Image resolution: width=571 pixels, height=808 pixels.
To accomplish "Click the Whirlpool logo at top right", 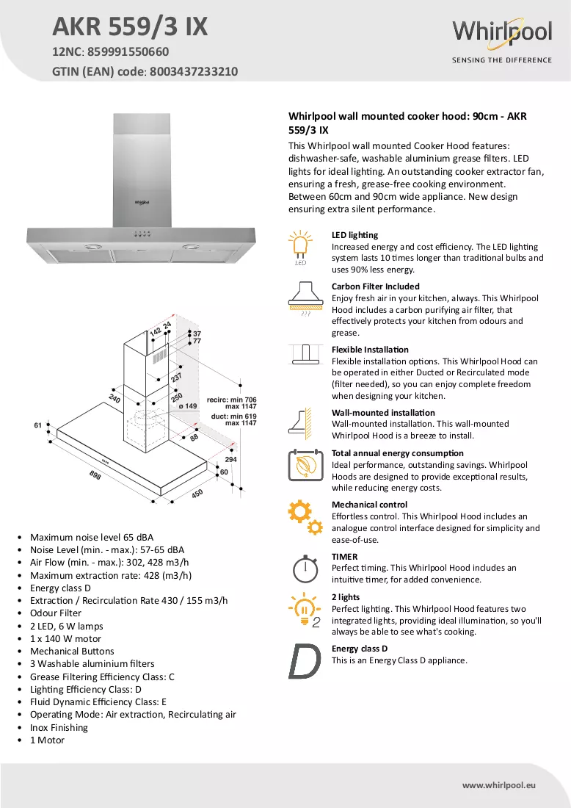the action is pyautogui.click(x=502, y=40).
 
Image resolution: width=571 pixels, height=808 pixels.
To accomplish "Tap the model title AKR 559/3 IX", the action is pyautogui.click(x=130, y=26).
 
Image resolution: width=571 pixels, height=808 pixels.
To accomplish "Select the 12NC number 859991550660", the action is pyautogui.click(x=128, y=51).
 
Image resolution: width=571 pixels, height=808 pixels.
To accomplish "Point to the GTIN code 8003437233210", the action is pyautogui.click(x=194, y=71).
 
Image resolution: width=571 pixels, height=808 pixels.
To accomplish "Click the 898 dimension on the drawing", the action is pyautogui.click(x=95, y=475).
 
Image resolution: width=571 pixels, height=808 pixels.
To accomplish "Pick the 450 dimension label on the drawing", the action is pyautogui.click(x=197, y=494).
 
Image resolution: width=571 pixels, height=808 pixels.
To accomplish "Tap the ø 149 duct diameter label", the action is pyautogui.click(x=188, y=406).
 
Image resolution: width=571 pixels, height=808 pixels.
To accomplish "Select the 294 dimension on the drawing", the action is pyautogui.click(x=230, y=459).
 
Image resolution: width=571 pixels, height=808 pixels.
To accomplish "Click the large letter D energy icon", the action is pyautogui.click(x=305, y=661).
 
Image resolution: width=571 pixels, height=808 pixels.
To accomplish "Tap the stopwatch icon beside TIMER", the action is pyautogui.click(x=305, y=569).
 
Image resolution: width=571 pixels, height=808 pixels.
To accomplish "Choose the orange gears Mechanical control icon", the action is pyautogui.click(x=305, y=518).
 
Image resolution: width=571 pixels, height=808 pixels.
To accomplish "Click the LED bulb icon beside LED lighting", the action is pyautogui.click(x=301, y=248).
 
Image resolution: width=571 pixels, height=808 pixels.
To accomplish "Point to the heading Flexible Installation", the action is pyautogui.click(x=370, y=350).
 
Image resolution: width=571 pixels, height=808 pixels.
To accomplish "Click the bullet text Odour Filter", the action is pyautogui.click(x=56, y=613).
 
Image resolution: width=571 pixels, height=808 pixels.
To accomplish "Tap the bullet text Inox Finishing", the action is pyautogui.click(x=59, y=728).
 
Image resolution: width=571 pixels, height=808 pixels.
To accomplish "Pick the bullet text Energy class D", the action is pyautogui.click(x=60, y=588).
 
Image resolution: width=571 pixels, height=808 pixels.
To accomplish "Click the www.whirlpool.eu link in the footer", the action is pyautogui.click(x=499, y=785).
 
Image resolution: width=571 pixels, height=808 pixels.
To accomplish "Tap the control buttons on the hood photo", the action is pyautogui.click(x=142, y=234).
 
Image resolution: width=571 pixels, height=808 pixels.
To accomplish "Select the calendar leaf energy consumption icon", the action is pyautogui.click(x=305, y=465).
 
